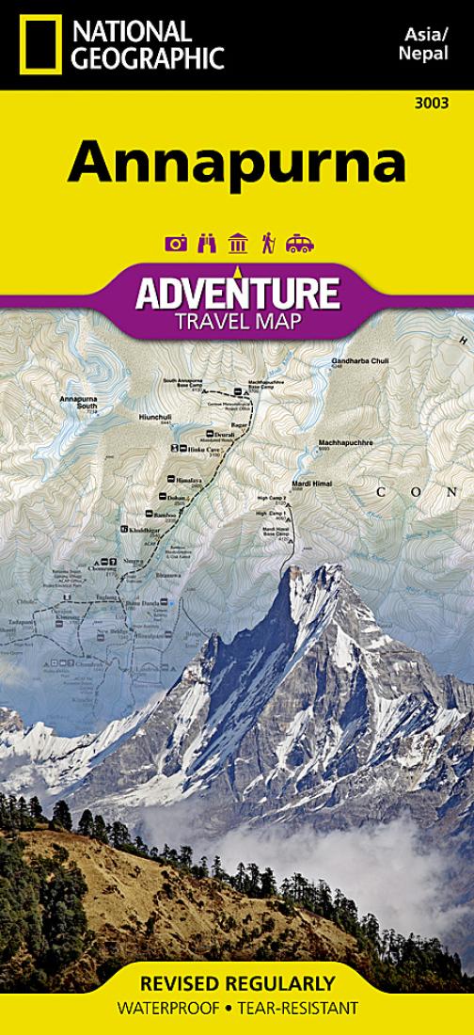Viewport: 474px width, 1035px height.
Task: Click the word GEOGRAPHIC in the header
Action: [149, 60]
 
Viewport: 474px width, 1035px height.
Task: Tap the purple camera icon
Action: [176, 244]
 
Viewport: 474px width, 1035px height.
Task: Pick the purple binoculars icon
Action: [207, 244]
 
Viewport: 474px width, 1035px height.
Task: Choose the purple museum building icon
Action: [238, 244]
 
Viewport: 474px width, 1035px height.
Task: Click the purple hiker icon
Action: [268, 244]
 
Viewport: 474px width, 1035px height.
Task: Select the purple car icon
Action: [299, 244]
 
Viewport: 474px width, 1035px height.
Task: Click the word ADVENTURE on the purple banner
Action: [236, 293]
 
